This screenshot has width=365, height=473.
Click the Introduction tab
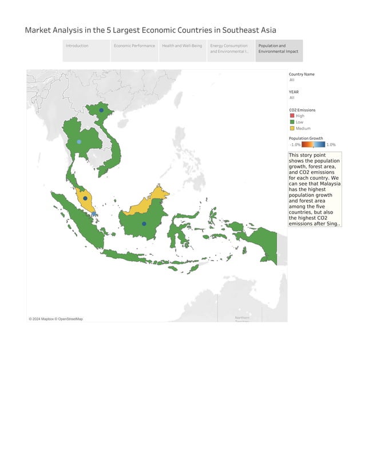(77, 46)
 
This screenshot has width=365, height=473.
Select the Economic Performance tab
(134, 46)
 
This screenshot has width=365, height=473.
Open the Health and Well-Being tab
(182, 46)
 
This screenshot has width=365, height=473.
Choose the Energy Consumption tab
(229, 49)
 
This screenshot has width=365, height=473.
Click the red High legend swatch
(292, 116)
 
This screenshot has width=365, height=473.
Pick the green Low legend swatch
(292, 122)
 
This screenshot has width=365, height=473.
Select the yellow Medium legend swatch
(292, 128)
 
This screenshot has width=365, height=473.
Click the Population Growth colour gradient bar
(314, 144)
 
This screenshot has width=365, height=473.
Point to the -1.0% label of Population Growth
(295, 144)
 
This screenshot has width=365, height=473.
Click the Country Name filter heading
(301, 74)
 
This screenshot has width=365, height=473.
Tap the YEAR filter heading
(293, 92)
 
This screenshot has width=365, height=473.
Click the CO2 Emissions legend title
(302, 109)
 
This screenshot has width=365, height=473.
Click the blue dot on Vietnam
(101, 110)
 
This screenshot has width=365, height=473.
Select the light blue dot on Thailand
(79, 141)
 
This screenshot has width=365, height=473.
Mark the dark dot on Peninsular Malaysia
(85, 198)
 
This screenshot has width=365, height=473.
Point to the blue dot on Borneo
(144, 223)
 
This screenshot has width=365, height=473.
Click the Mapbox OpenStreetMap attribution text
(56, 319)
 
